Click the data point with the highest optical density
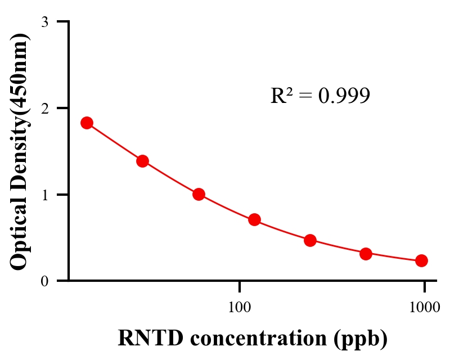click(87, 123)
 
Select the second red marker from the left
click(142, 161)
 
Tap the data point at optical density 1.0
click(198, 194)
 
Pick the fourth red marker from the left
click(254, 219)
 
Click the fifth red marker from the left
click(310, 240)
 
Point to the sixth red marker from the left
click(366, 254)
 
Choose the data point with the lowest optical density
click(421, 260)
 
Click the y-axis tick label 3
click(44, 22)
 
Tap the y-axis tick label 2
click(44, 109)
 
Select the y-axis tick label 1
click(44, 195)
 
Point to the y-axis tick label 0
click(44, 281)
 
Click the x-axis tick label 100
click(240, 308)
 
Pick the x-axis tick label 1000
click(424, 308)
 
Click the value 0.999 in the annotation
click(344, 96)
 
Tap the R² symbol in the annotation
click(282, 96)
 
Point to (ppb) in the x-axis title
click(361, 339)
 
